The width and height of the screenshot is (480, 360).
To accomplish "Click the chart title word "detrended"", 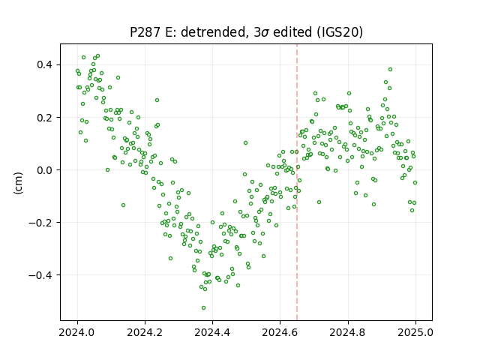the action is click(x=214, y=32).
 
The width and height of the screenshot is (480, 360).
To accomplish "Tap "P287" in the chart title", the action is click(x=145, y=32).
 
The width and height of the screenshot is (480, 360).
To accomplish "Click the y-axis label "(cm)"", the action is click(x=18, y=183).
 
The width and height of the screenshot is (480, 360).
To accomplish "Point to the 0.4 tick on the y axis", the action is click(x=46, y=65).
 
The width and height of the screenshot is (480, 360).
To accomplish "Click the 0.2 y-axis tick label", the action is click(x=46, y=118).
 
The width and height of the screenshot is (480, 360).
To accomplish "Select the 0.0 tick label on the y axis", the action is click(x=46, y=170).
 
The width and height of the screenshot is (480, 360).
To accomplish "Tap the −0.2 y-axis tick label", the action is click(x=42, y=223).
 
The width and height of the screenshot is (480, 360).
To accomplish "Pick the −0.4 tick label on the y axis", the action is click(x=42, y=275).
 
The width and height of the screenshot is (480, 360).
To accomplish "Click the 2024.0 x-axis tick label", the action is click(x=77, y=332).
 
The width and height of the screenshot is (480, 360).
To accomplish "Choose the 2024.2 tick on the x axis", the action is click(x=145, y=332).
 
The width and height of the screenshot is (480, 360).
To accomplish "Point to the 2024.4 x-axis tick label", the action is click(x=212, y=332).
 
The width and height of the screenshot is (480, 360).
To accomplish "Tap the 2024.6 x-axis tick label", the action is click(x=280, y=332).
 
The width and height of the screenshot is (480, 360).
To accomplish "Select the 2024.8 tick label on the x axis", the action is click(x=348, y=332).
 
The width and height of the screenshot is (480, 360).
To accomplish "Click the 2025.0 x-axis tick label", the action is click(x=415, y=332).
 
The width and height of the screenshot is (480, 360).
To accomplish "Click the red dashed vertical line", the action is click(x=297, y=182).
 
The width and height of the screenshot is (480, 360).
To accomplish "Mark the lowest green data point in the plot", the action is click(x=203, y=308).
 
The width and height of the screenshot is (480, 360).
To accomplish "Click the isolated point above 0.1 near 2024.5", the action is click(x=245, y=143).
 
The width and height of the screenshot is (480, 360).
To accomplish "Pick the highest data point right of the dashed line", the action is click(x=390, y=70).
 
